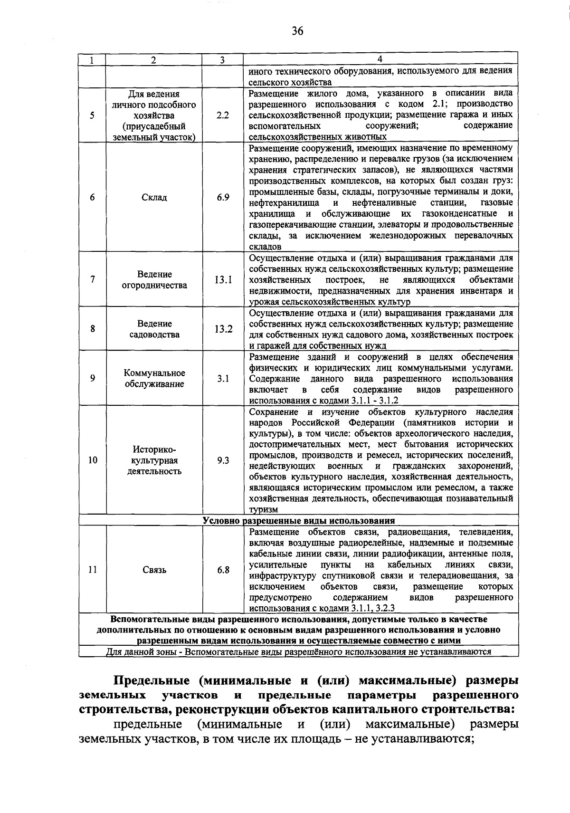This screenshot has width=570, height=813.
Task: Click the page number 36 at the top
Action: click(297, 31)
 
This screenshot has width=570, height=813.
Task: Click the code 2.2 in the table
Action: click(222, 115)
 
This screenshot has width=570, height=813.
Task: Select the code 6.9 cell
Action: click(223, 197)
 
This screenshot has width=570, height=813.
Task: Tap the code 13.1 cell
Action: click(223, 280)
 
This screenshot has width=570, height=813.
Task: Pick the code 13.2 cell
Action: click(223, 329)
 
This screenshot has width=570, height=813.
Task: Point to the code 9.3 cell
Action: click(223, 460)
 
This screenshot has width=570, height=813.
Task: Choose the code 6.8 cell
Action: click(223, 570)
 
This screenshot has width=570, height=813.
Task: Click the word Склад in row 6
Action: click(154, 197)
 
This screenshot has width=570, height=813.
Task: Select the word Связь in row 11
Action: click(154, 570)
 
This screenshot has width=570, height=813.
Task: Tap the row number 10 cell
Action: click(93, 460)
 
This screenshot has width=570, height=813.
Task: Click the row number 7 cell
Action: click(92, 280)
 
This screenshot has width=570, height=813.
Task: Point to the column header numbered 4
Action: click(380, 59)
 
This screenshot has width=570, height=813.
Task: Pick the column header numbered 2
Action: click(153, 60)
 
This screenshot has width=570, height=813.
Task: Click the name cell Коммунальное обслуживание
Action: click(154, 378)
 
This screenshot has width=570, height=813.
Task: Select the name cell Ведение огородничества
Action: click(154, 280)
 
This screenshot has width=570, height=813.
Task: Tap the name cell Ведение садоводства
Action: click(154, 329)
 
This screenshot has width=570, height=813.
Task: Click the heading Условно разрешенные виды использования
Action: click(298, 520)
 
